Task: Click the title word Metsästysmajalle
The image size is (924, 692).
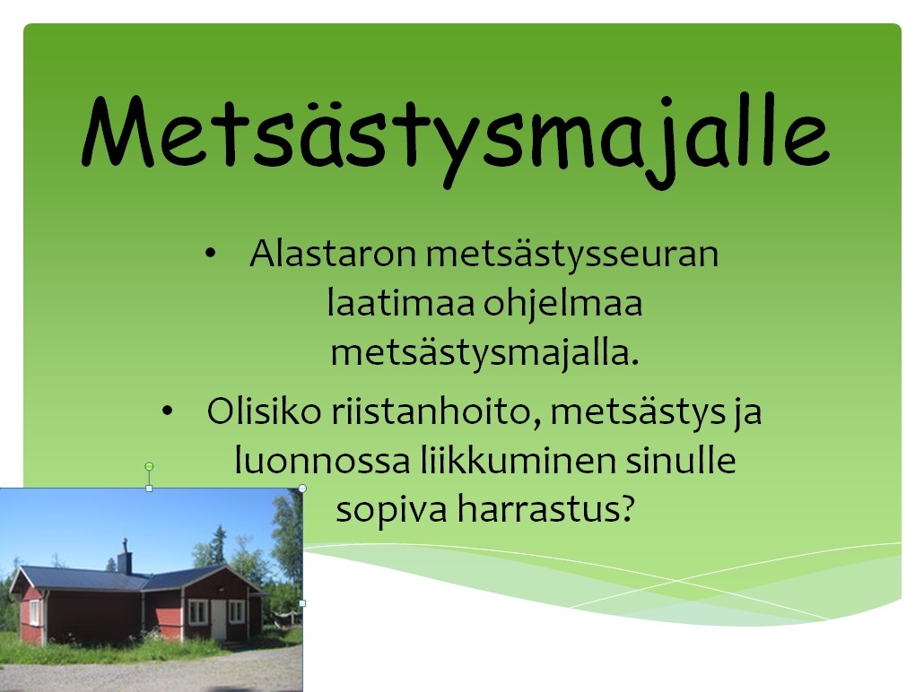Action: pyautogui.click(x=456, y=140)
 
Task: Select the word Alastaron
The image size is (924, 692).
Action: pyautogui.click(x=333, y=254)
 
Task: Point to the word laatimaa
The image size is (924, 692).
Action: pyautogui.click(x=401, y=303)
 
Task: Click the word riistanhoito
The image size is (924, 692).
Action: pyautogui.click(x=432, y=411)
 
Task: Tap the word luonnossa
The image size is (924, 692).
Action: pyautogui.click(x=322, y=461)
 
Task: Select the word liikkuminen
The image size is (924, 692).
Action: pyautogui.click(x=518, y=460)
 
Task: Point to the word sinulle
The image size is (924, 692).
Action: pyautogui.click(x=681, y=460)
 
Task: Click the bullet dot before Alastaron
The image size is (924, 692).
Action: pyautogui.click(x=211, y=254)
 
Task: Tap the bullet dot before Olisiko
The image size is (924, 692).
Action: pyautogui.click(x=168, y=411)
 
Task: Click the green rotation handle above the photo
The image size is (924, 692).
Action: pyautogui.click(x=149, y=466)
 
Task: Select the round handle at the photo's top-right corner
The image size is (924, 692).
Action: pyautogui.click(x=302, y=489)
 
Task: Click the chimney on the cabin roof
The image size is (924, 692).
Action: pyautogui.click(x=125, y=557)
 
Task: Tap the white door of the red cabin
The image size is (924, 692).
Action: pyautogui.click(x=219, y=620)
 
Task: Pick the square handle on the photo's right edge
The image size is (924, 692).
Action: pyautogui.click(x=303, y=603)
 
